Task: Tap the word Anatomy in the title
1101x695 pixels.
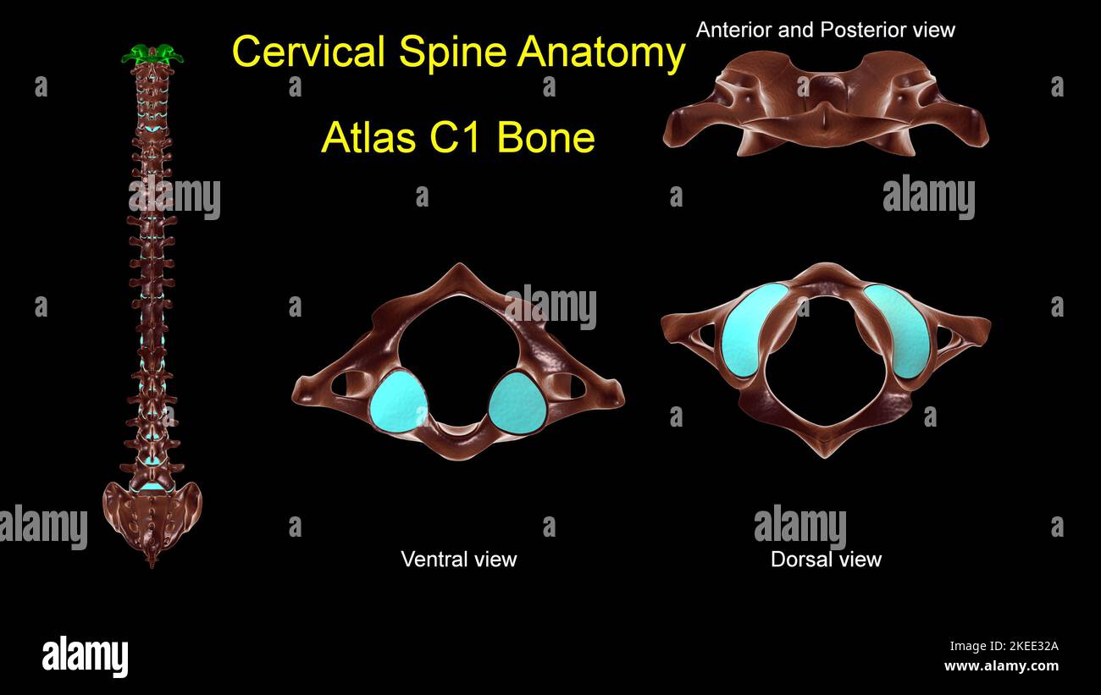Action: click(x=601, y=52)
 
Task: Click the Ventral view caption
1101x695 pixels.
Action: click(x=458, y=559)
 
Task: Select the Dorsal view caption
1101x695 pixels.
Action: click(x=826, y=559)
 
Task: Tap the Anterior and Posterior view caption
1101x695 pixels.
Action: click(x=825, y=30)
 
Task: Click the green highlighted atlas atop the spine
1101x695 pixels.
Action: click(x=152, y=56)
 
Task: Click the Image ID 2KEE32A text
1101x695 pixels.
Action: click(x=1003, y=646)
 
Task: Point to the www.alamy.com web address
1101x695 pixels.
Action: click(x=1001, y=666)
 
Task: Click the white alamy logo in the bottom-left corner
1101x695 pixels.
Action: click(x=85, y=657)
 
